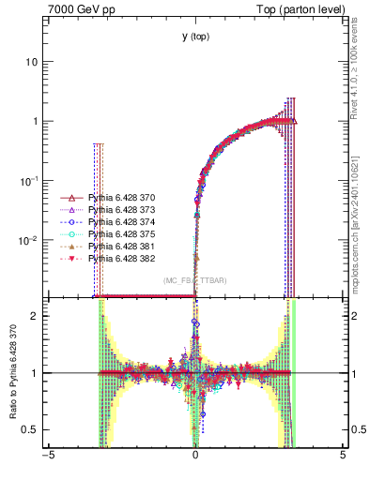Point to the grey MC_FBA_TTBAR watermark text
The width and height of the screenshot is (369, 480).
tap(194, 280)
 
